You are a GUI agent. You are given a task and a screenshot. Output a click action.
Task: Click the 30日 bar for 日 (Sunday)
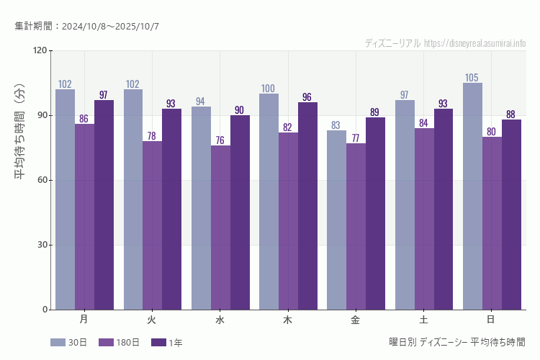point(472,196)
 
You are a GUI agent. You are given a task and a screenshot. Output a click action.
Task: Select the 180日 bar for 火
point(152,225)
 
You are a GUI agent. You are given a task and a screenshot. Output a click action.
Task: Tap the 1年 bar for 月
point(104,204)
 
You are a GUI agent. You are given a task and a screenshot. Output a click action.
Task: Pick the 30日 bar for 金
point(336,220)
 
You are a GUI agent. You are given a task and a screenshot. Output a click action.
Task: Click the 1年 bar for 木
point(307,206)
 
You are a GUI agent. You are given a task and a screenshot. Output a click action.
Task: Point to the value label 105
point(472,78)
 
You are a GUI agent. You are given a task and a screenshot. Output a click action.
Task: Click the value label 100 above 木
point(269,89)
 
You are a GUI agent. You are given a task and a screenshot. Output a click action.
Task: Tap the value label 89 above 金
point(375,112)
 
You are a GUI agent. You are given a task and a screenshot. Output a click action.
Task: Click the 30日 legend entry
point(69,343)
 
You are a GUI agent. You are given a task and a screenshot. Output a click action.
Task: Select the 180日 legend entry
point(119,343)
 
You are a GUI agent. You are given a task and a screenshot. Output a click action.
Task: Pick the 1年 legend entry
point(167,343)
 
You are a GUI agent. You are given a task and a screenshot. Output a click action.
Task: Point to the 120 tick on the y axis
point(40,51)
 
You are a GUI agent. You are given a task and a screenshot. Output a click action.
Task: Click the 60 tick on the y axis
point(42,181)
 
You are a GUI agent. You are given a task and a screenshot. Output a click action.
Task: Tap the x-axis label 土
point(423,319)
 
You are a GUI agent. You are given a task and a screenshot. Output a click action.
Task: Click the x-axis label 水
point(220,319)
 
